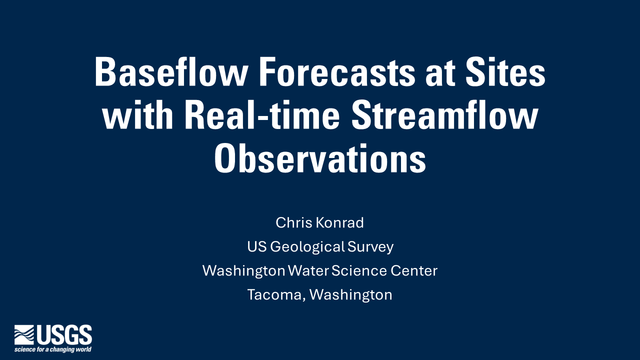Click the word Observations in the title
point(320,158)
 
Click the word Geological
point(306,246)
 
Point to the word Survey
point(370,247)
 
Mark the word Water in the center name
point(308,270)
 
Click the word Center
point(413,270)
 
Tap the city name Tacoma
point(275,295)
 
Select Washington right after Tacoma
point(351,294)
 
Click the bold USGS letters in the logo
point(70,334)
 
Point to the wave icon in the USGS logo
point(24,334)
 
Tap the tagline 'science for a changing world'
point(52,349)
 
